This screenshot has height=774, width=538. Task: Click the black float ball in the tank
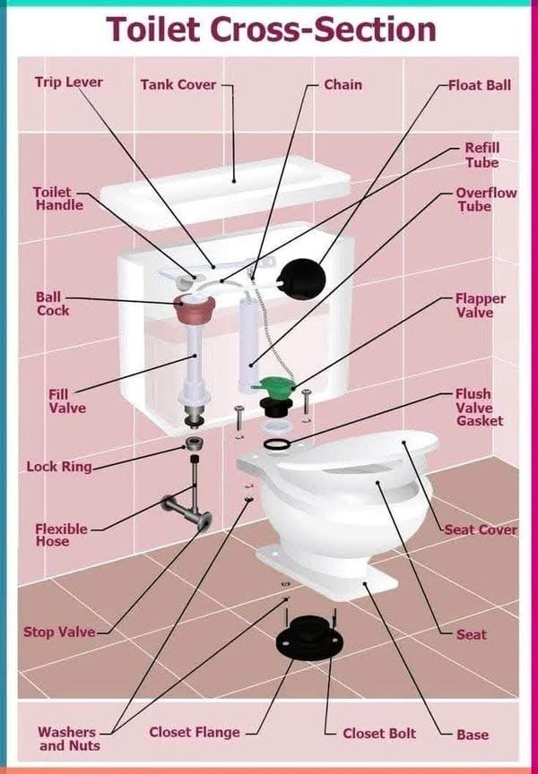tap(303, 279)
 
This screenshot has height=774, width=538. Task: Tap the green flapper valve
tap(274, 385)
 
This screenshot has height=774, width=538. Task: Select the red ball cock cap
tap(195, 308)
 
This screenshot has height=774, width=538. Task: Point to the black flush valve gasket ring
tap(277, 444)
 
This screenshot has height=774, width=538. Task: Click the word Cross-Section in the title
tap(324, 29)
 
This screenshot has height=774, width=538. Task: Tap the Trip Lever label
tap(69, 82)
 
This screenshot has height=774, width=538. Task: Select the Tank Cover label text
tap(178, 85)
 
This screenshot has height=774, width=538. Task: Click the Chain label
tap(343, 85)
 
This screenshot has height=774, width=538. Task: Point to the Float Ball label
tap(479, 85)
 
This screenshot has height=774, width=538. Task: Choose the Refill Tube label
tap(482, 155)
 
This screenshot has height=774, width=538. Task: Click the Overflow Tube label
tap(486, 200)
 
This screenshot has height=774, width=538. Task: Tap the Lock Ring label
tap(59, 467)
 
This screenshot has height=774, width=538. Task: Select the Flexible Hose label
tap(61, 535)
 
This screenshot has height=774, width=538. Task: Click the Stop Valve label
tap(59, 632)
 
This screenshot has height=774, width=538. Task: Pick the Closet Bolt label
tap(379, 734)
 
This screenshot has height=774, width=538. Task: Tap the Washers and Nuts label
tap(69, 738)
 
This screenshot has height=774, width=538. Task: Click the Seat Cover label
tap(481, 529)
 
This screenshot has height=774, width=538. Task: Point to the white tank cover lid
tap(225, 190)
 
